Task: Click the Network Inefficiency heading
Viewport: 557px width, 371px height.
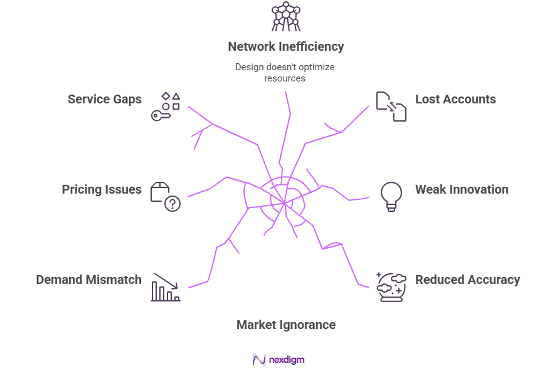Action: tap(285, 46)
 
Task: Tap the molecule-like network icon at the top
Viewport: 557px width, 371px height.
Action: tap(286, 16)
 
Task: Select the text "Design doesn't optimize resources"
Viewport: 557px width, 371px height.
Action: tap(285, 72)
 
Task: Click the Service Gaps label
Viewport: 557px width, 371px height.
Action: tap(105, 99)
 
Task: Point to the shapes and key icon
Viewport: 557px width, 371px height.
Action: tap(166, 106)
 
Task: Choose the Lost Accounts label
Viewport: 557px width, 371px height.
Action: tap(455, 99)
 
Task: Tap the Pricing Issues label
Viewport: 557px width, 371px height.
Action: tap(102, 189)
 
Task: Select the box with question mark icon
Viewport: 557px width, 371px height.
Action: tap(165, 197)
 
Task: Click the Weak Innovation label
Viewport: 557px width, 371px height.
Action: tap(462, 189)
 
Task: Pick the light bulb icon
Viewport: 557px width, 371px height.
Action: tap(391, 196)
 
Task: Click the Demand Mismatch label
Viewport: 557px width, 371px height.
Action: tap(88, 280)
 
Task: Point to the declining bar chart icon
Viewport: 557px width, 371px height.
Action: tap(166, 287)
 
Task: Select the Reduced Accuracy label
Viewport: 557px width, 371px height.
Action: tap(467, 280)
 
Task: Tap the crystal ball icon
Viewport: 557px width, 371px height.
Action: tap(391, 287)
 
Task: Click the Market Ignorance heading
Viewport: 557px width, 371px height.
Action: tap(285, 325)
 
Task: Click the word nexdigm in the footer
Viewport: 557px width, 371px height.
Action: tap(287, 360)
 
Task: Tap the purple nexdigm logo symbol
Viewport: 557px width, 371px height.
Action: tap(259, 360)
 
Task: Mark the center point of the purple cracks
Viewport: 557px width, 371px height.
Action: tap(285, 202)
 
